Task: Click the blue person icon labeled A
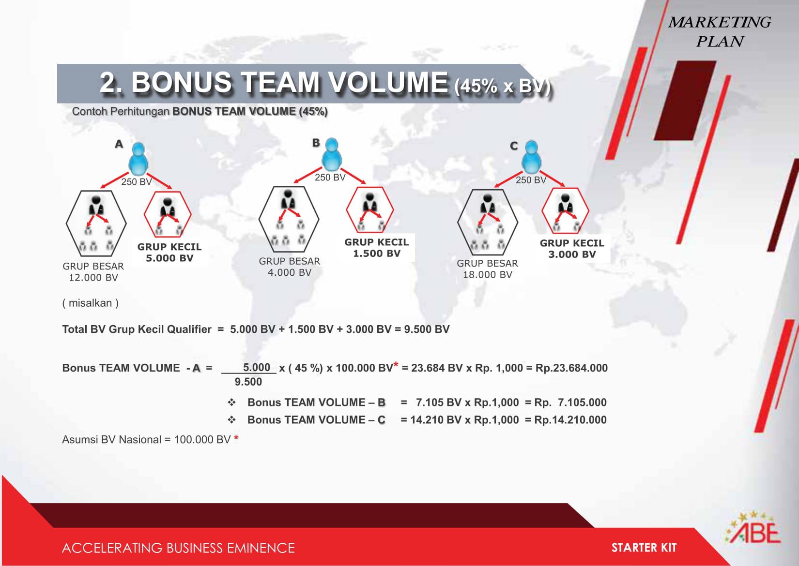(138, 159)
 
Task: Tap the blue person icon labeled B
(332, 154)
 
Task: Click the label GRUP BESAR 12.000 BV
(93, 272)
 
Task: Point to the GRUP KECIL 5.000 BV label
(169, 253)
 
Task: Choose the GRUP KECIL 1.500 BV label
(377, 248)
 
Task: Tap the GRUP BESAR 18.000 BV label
(487, 269)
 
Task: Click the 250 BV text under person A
(137, 182)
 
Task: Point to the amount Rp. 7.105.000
(570, 402)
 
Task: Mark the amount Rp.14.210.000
(570, 420)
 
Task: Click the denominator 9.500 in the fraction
(248, 382)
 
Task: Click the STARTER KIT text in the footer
(644, 548)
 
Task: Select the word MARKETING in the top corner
(720, 22)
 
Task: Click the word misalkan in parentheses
(90, 303)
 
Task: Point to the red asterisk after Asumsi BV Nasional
(236, 438)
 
